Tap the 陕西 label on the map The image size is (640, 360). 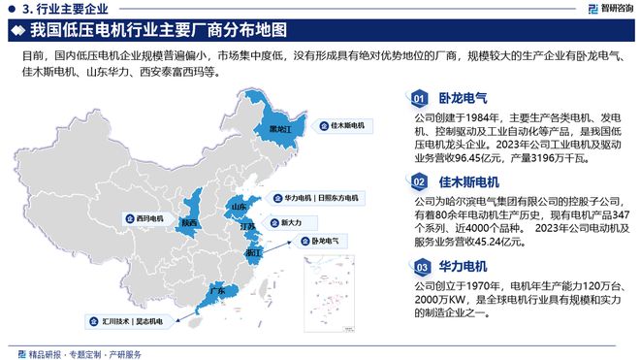(190, 223)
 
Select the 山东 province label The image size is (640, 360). (238, 207)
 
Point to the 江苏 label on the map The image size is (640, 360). (247, 227)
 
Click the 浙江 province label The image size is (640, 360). (253, 251)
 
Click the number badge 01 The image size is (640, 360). (419, 98)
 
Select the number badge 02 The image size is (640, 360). (419, 181)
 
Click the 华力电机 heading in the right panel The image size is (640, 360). (463, 265)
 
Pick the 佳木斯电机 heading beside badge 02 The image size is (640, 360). (468, 181)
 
